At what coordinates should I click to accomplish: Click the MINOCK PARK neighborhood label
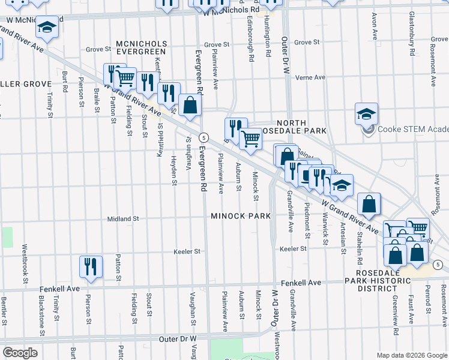click(240, 215)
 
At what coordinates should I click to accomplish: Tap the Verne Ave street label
click(310, 77)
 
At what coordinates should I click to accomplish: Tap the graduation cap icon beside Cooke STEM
click(366, 113)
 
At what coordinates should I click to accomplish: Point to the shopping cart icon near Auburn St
click(250, 139)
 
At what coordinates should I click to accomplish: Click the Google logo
click(20, 352)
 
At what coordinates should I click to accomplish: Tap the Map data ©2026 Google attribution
click(412, 355)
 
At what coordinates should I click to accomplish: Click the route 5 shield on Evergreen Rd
click(204, 137)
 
